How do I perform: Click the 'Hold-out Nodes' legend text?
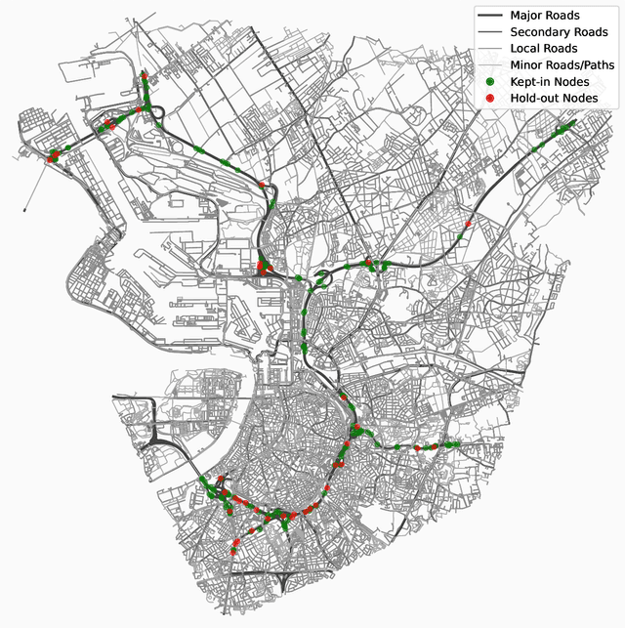click(555, 98)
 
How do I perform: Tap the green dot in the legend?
click(490, 81)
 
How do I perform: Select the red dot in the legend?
click(490, 98)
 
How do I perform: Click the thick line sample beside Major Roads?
click(490, 16)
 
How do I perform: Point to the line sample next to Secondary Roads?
click(490, 32)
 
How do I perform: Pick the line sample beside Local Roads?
click(490, 48)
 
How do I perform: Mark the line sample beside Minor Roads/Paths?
click(490, 64)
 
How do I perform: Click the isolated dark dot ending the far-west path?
click(23, 210)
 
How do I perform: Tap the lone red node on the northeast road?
click(469, 224)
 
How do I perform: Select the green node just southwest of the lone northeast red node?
click(459, 235)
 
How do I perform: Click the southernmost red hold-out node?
click(234, 554)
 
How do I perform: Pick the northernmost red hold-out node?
click(145, 74)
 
